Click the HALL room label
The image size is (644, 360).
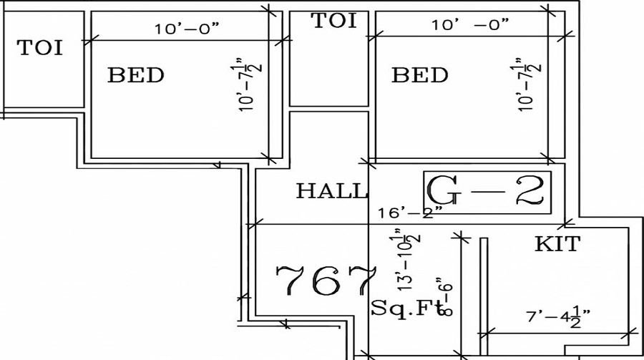(x=331, y=191)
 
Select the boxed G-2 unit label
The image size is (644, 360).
(x=487, y=192)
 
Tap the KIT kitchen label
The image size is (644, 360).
(x=557, y=245)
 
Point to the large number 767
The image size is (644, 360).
(x=326, y=281)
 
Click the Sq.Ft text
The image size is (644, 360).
(x=406, y=308)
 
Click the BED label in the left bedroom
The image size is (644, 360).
(x=136, y=75)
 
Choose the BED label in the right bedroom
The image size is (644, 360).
(x=420, y=75)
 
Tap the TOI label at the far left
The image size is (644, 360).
(x=39, y=48)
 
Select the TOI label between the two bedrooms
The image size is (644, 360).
(x=333, y=21)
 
